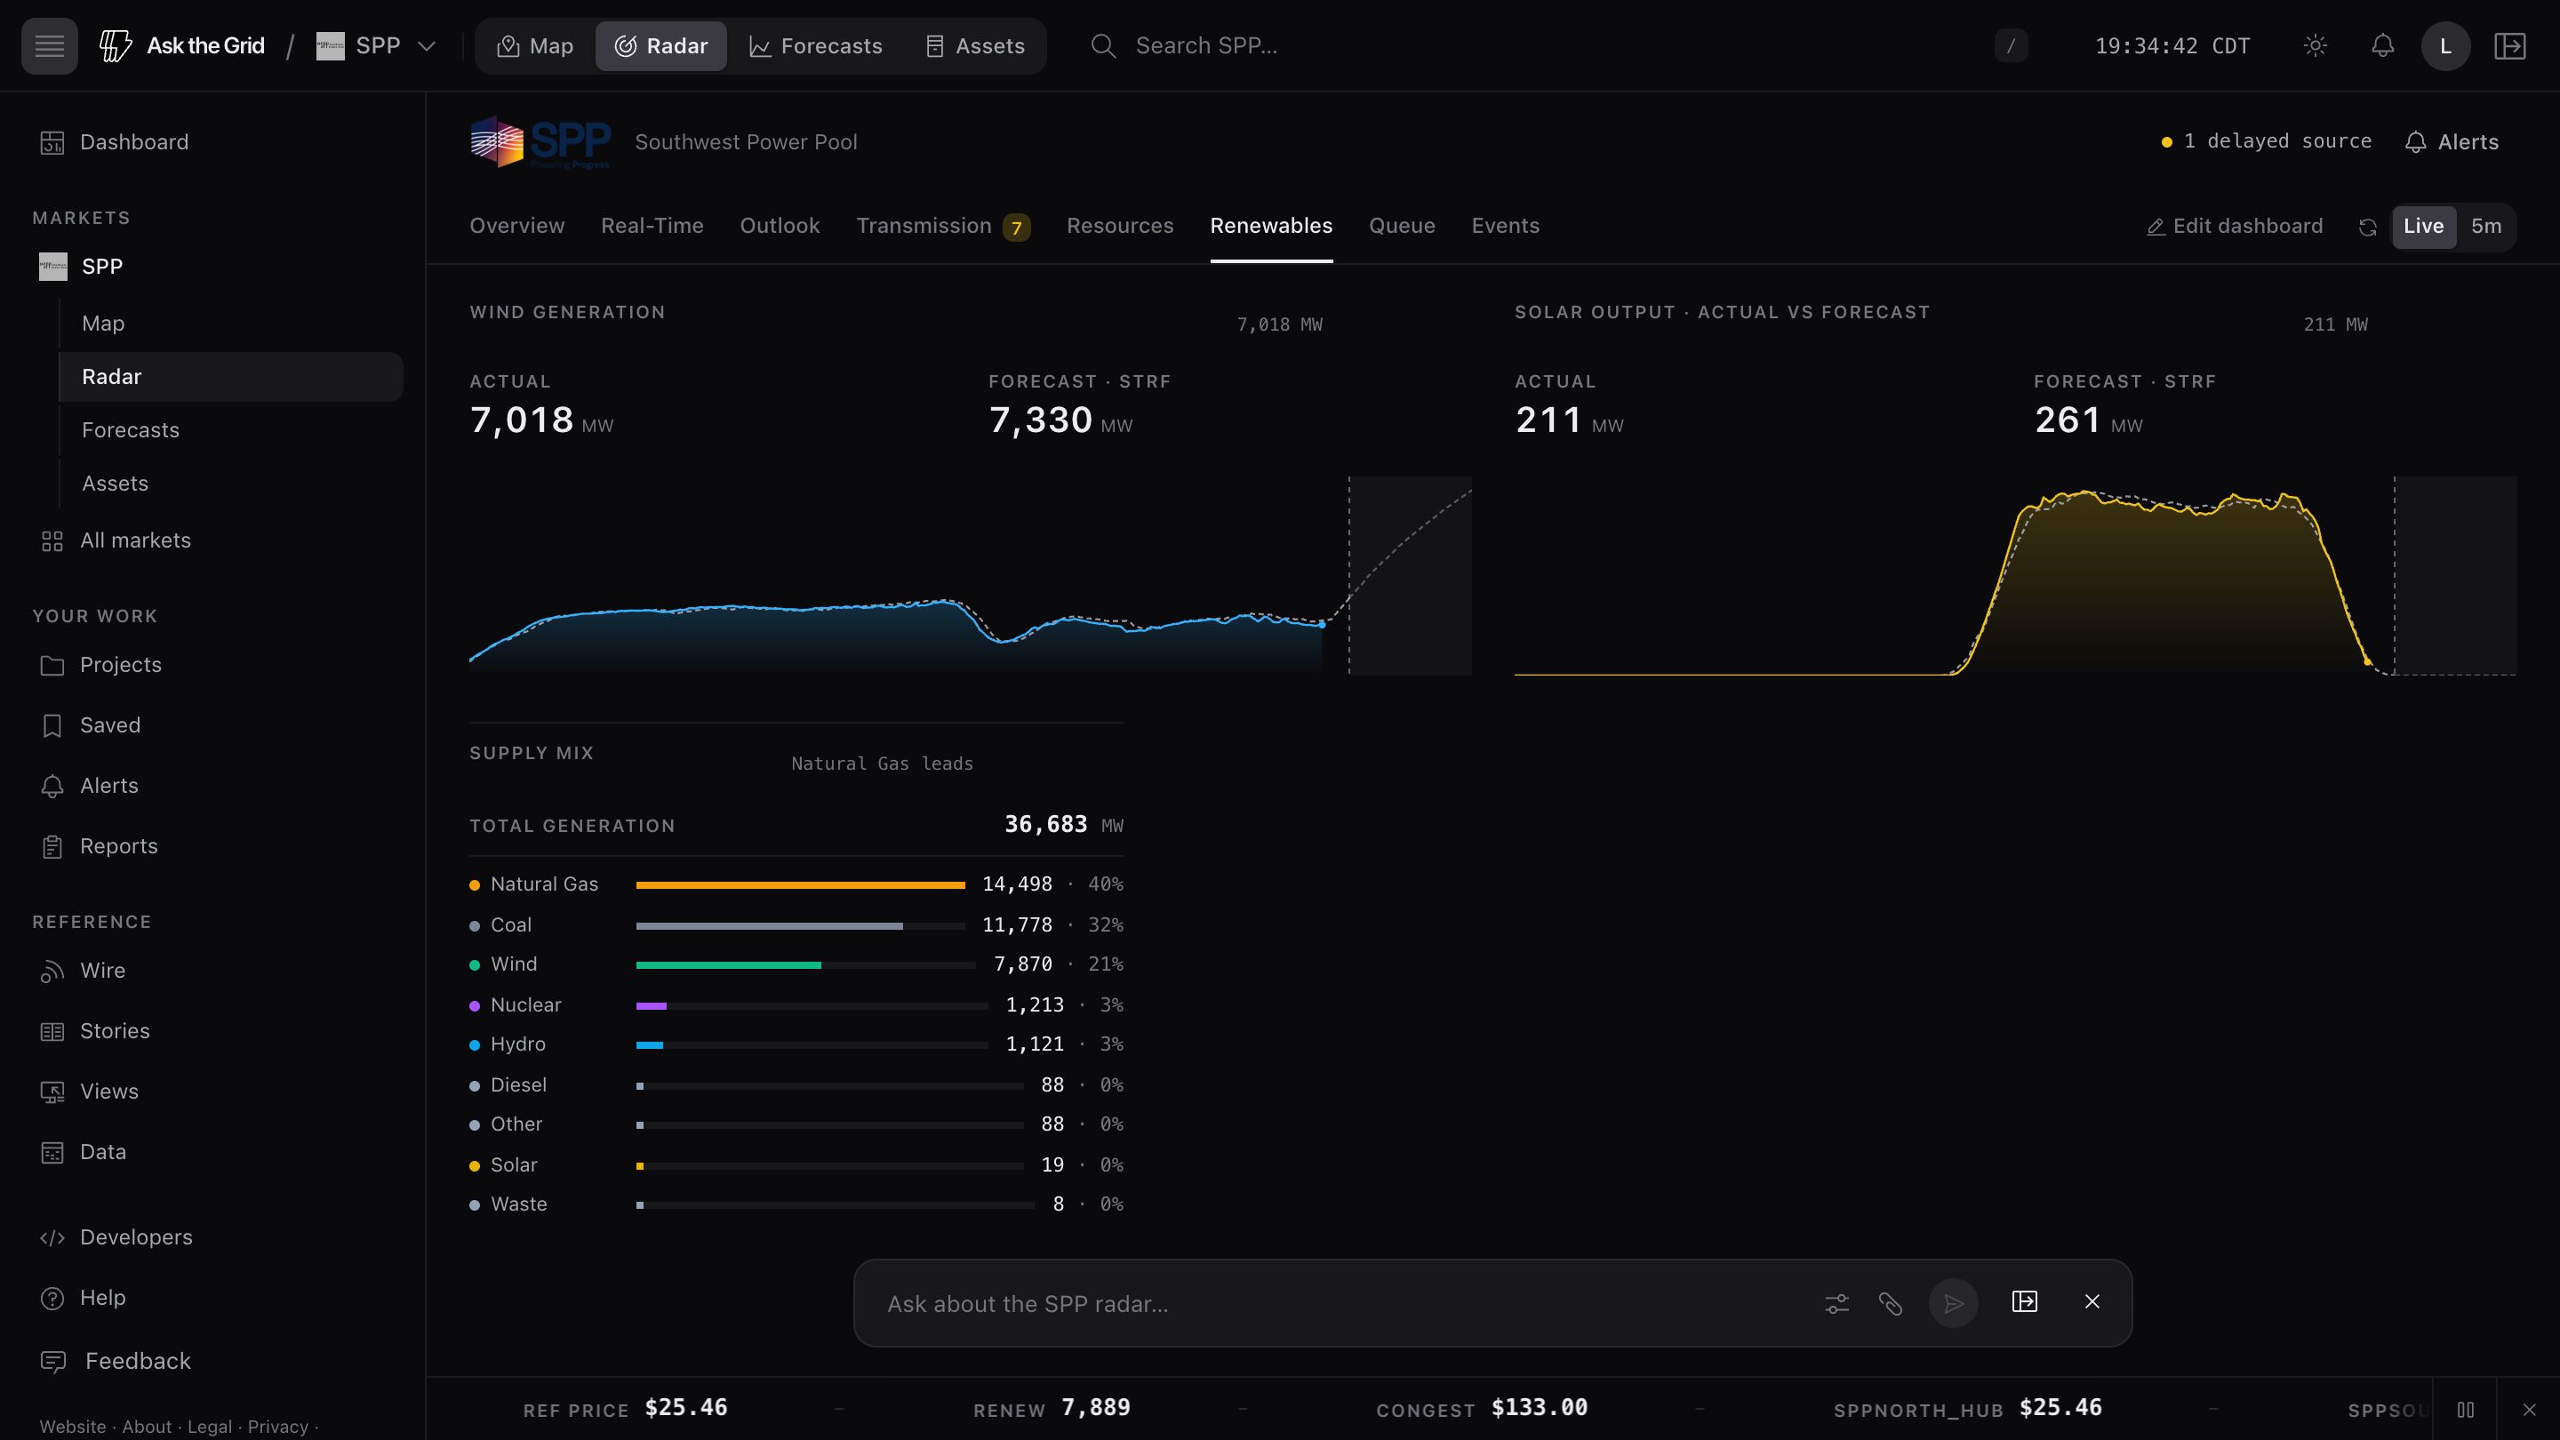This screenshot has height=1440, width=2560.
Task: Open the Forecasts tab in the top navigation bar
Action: coord(815,45)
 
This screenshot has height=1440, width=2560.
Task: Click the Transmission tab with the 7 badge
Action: coord(943,227)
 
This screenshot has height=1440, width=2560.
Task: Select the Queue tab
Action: coord(1401,227)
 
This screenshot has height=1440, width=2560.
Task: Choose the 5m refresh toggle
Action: coord(2485,227)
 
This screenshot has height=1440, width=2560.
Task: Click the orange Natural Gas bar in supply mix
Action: coord(800,884)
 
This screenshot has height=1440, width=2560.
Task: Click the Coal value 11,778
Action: coord(1017,925)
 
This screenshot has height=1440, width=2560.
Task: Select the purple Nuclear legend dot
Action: coord(475,1005)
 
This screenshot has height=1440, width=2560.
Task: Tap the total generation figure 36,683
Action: coord(1045,825)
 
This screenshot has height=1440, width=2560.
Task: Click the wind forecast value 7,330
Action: coord(1041,420)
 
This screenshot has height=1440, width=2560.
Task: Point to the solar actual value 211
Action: coord(1548,420)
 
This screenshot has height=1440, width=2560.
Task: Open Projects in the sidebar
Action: coord(120,665)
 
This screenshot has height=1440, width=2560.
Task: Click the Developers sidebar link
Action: coord(136,1237)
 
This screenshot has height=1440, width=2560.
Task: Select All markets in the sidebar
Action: coord(135,540)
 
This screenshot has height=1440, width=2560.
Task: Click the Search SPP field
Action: coord(1205,45)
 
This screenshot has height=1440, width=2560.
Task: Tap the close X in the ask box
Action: coord(2092,1302)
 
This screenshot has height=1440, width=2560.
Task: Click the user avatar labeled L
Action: coord(2445,45)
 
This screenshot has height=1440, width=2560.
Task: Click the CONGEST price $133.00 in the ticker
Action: coord(1540,1408)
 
